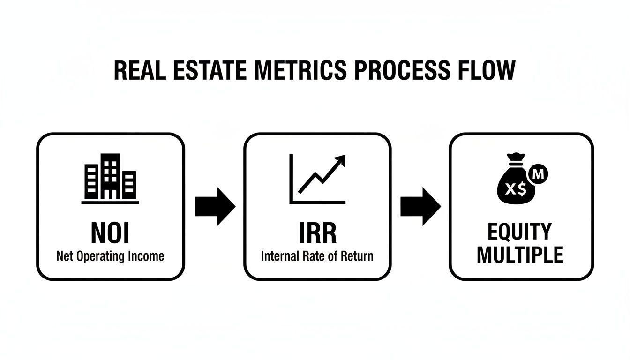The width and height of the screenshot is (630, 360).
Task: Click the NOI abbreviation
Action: (110, 233)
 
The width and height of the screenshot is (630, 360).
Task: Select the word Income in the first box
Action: (148, 256)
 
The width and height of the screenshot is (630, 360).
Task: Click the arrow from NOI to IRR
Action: (215, 206)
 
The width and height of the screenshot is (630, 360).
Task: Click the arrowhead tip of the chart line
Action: (344, 157)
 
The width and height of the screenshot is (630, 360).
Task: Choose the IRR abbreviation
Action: (317, 233)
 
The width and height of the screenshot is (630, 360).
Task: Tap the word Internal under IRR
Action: (279, 256)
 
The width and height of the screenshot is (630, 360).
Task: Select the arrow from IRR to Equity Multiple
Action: (420, 206)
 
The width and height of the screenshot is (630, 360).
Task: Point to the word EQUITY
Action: (520, 232)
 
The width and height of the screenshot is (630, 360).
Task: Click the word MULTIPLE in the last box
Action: (520, 255)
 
